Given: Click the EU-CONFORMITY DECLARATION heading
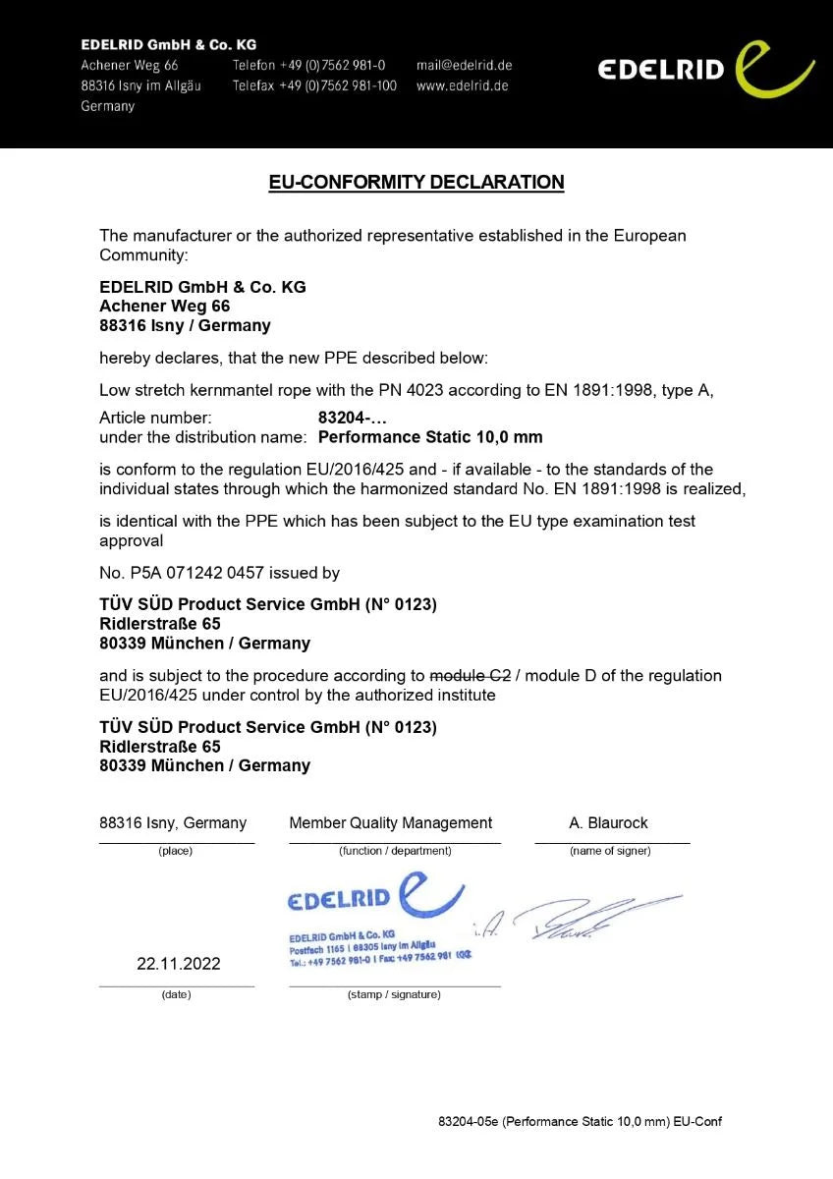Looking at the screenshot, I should (x=416, y=182).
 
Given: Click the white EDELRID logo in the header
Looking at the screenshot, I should (x=705, y=69).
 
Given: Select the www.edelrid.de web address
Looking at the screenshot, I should (x=462, y=85).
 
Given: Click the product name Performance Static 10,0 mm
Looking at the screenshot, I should (x=430, y=436).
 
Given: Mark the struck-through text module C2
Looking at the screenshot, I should (x=471, y=675).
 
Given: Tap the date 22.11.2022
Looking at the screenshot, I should (x=178, y=964).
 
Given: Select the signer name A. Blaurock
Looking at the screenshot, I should (x=608, y=822).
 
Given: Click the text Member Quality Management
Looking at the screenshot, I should (x=390, y=822).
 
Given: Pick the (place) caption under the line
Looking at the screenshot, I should (x=176, y=851).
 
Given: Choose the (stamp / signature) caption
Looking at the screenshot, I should (x=394, y=994).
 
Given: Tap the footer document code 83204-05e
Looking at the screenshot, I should (x=469, y=1121).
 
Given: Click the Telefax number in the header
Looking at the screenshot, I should (x=314, y=85).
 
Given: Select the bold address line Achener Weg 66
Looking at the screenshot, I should (x=165, y=306).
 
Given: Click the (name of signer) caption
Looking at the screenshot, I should (x=610, y=851).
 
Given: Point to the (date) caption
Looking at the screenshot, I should (x=176, y=994).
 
